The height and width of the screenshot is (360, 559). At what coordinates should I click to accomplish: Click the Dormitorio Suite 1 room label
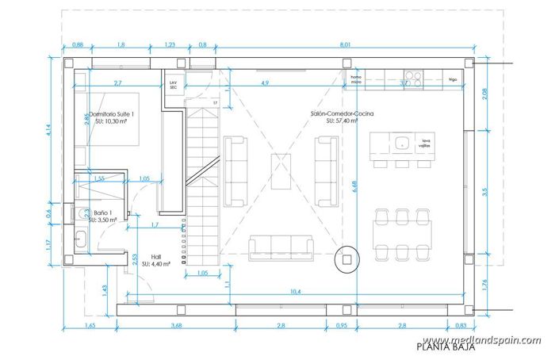[112, 115]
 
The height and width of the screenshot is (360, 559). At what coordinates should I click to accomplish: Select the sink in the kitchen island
[403, 144]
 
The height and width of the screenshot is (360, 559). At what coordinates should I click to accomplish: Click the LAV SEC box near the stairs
[173, 84]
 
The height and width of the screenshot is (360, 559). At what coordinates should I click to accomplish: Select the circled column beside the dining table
[347, 257]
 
